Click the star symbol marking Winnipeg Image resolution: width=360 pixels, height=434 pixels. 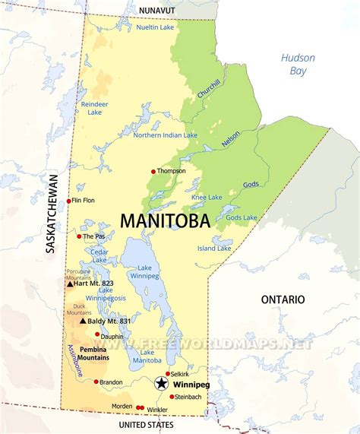(x=162, y=384)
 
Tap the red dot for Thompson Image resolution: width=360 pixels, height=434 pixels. (x=153, y=171)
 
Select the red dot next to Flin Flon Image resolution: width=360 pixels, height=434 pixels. (x=68, y=201)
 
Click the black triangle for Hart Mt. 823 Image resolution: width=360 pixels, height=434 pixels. (x=70, y=284)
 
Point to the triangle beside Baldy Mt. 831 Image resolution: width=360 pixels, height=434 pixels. (x=83, y=321)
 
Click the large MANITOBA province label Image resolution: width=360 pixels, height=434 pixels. (x=167, y=220)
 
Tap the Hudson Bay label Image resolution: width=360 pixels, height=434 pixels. (x=297, y=64)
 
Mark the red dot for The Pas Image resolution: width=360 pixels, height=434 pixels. (x=79, y=236)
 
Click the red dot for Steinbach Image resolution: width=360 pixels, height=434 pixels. (x=172, y=396)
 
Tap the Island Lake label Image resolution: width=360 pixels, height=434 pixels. (x=215, y=248)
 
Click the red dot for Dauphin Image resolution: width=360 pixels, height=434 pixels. (x=97, y=334)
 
